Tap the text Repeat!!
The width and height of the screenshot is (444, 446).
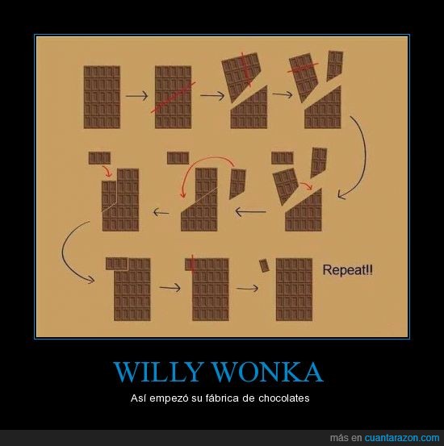click(x=347, y=270)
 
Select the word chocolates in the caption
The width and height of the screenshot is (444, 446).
click(x=283, y=398)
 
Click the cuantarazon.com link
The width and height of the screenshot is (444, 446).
click(x=402, y=437)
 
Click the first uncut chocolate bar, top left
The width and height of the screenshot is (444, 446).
click(x=102, y=97)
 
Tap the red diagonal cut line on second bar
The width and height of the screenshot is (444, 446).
click(x=173, y=98)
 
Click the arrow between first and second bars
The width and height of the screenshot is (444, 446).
click(x=137, y=96)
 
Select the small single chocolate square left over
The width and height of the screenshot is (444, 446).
click(x=264, y=265)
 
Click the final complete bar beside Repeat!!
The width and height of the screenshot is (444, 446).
click(x=294, y=290)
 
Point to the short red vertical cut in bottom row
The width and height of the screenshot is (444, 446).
click(x=192, y=263)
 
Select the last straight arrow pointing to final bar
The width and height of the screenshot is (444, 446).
click(x=247, y=289)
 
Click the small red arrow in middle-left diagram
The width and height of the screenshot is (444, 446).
click(x=107, y=171)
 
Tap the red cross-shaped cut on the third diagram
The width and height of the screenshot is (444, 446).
click(x=245, y=69)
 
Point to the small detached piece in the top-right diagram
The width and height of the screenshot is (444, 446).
click(x=335, y=65)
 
